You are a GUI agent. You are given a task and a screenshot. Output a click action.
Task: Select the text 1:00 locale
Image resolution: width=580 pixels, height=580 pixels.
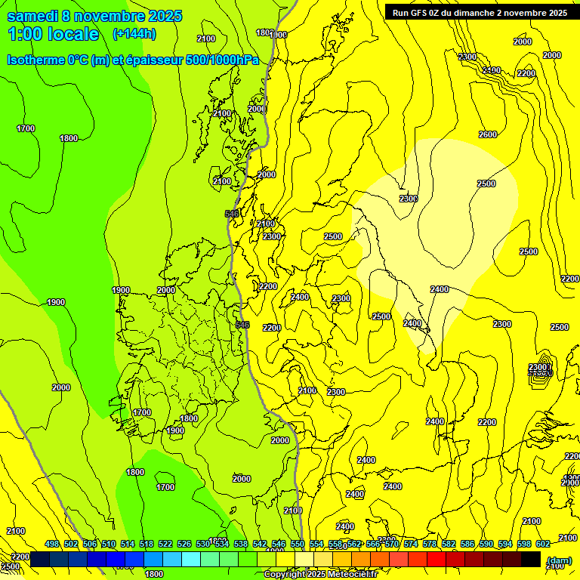coord(53,34)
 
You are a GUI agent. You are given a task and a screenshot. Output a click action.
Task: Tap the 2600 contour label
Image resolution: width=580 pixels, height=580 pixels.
coord(488,134)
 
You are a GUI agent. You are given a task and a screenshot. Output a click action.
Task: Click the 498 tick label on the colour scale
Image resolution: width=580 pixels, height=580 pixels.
coord(52,544)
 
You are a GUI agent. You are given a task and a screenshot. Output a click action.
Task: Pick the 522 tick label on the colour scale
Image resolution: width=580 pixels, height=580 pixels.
coord(165,544)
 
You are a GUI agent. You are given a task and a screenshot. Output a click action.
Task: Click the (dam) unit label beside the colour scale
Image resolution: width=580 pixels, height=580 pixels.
coord(558,560)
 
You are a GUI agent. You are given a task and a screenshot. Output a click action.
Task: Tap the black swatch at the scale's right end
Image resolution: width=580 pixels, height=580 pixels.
coord(531,559)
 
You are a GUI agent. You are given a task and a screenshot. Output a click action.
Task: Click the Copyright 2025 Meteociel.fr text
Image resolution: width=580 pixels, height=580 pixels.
coord(331,575)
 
